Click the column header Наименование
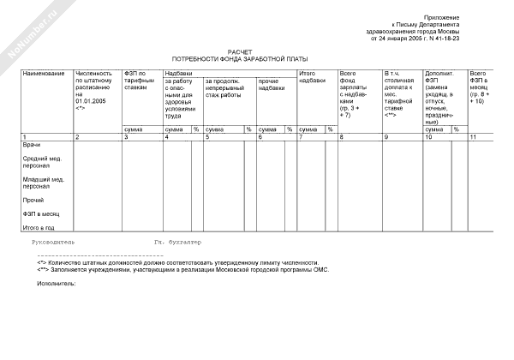pos(44,74)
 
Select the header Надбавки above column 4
pos(178,74)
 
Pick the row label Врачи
pos(31,145)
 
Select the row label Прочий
pos(32,199)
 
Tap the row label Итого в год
pos(39,227)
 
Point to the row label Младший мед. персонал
pos(44,182)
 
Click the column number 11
pos(473,137)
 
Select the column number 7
pos(301,137)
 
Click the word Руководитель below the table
pos(53,242)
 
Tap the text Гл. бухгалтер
pos(177,242)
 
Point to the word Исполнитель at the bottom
pos(57,282)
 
